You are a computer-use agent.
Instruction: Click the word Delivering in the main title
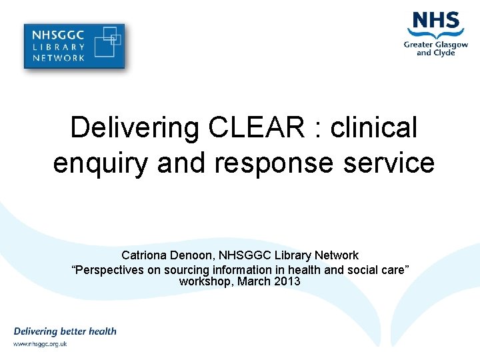point(125,127)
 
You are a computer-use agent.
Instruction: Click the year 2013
point(287,281)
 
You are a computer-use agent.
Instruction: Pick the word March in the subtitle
point(255,281)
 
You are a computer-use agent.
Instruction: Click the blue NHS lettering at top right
point(437,22)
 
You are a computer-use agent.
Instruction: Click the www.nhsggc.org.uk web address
point(40,344)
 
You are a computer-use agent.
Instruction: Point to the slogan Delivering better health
point(65,331)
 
